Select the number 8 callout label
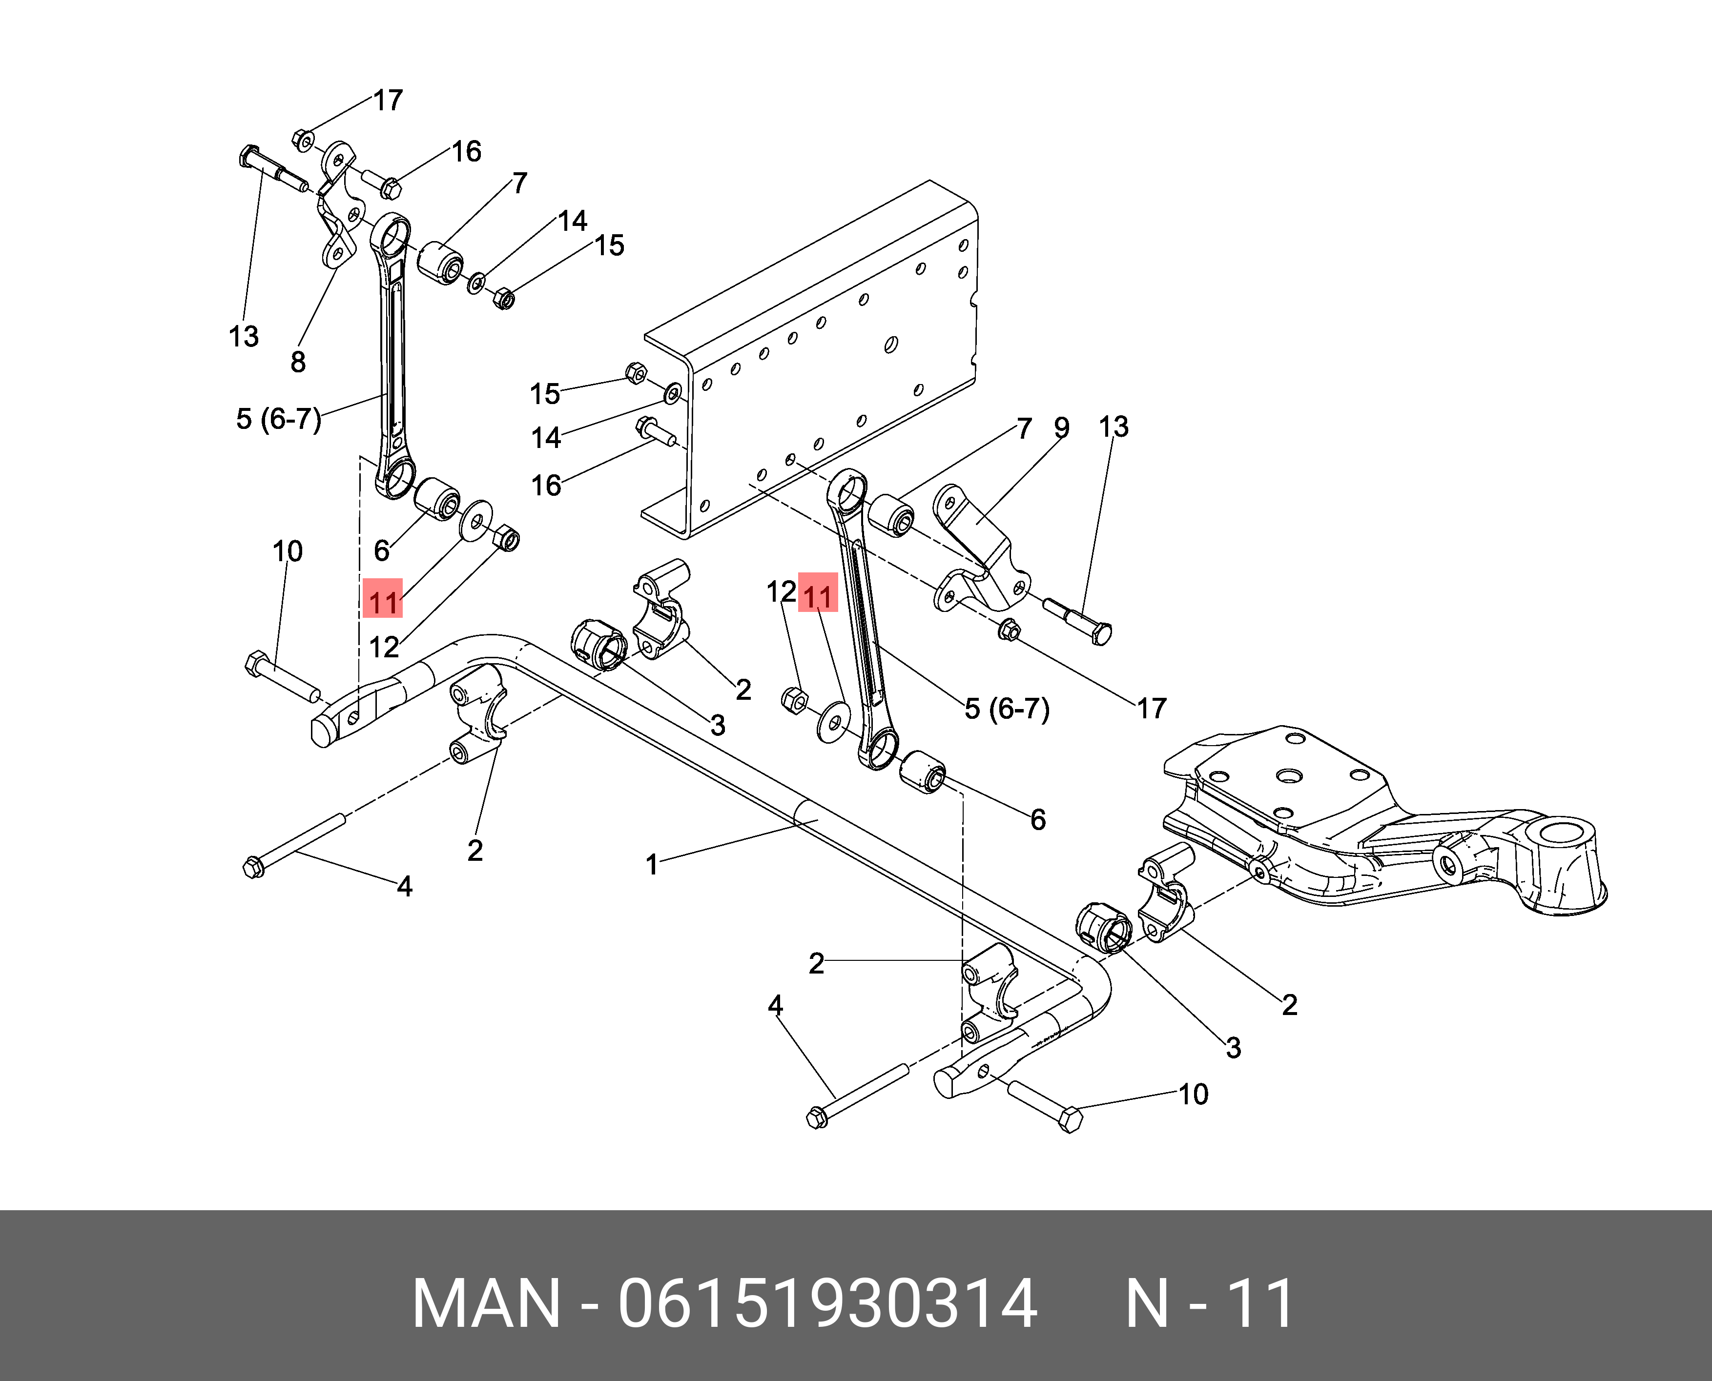tap(298, 363)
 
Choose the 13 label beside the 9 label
tap(1114, 427)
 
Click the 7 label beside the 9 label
tap(1024, 429)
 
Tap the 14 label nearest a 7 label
tap(572, 221)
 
